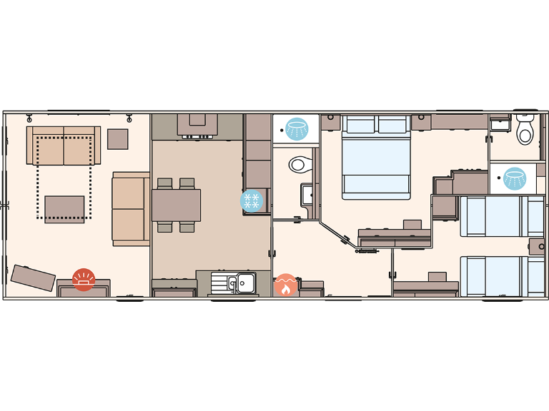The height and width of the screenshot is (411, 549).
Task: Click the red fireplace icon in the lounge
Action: [x=84, y=278]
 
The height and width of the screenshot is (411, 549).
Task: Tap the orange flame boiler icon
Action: [x=285, y=285]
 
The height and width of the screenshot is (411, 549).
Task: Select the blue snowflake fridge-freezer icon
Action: [x=252, y=201]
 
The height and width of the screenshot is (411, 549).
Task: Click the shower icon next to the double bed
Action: [x=295, y=128]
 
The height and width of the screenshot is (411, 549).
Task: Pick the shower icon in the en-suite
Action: [x=514, y=178]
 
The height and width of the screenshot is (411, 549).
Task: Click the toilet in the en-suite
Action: [x=525, y=131]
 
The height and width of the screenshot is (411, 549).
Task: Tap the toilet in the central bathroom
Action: [x=300, y=164]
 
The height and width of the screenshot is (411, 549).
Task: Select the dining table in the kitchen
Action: [x=176, y=205]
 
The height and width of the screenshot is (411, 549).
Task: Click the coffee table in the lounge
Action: [x=64, y=208]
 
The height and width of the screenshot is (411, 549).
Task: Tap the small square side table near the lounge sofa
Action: [x=117, y=138]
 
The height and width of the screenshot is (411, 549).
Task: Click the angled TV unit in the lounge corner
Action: [x=34, y=278]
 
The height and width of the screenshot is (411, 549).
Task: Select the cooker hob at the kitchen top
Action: [x=197, y=125]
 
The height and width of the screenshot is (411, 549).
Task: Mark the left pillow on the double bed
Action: [x=360, y=125]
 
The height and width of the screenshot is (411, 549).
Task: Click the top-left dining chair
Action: [x=164, y=183]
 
